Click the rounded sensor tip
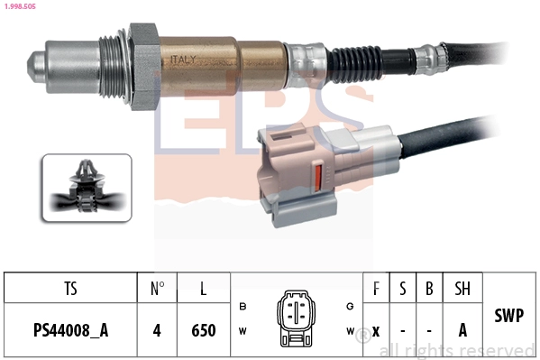coord(35,66)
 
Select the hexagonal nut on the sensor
coord(143,65)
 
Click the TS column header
coord(70,290)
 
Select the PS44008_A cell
coord(70,330)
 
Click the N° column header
coord(157,290)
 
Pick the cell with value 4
coord(157,330)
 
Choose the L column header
coord(204,290)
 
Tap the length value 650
coord(204,330)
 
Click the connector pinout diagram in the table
coord(296,318)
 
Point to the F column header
coord(376,290)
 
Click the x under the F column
coord(376,330)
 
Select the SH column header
coord(462,290)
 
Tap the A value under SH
coord(462,330)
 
